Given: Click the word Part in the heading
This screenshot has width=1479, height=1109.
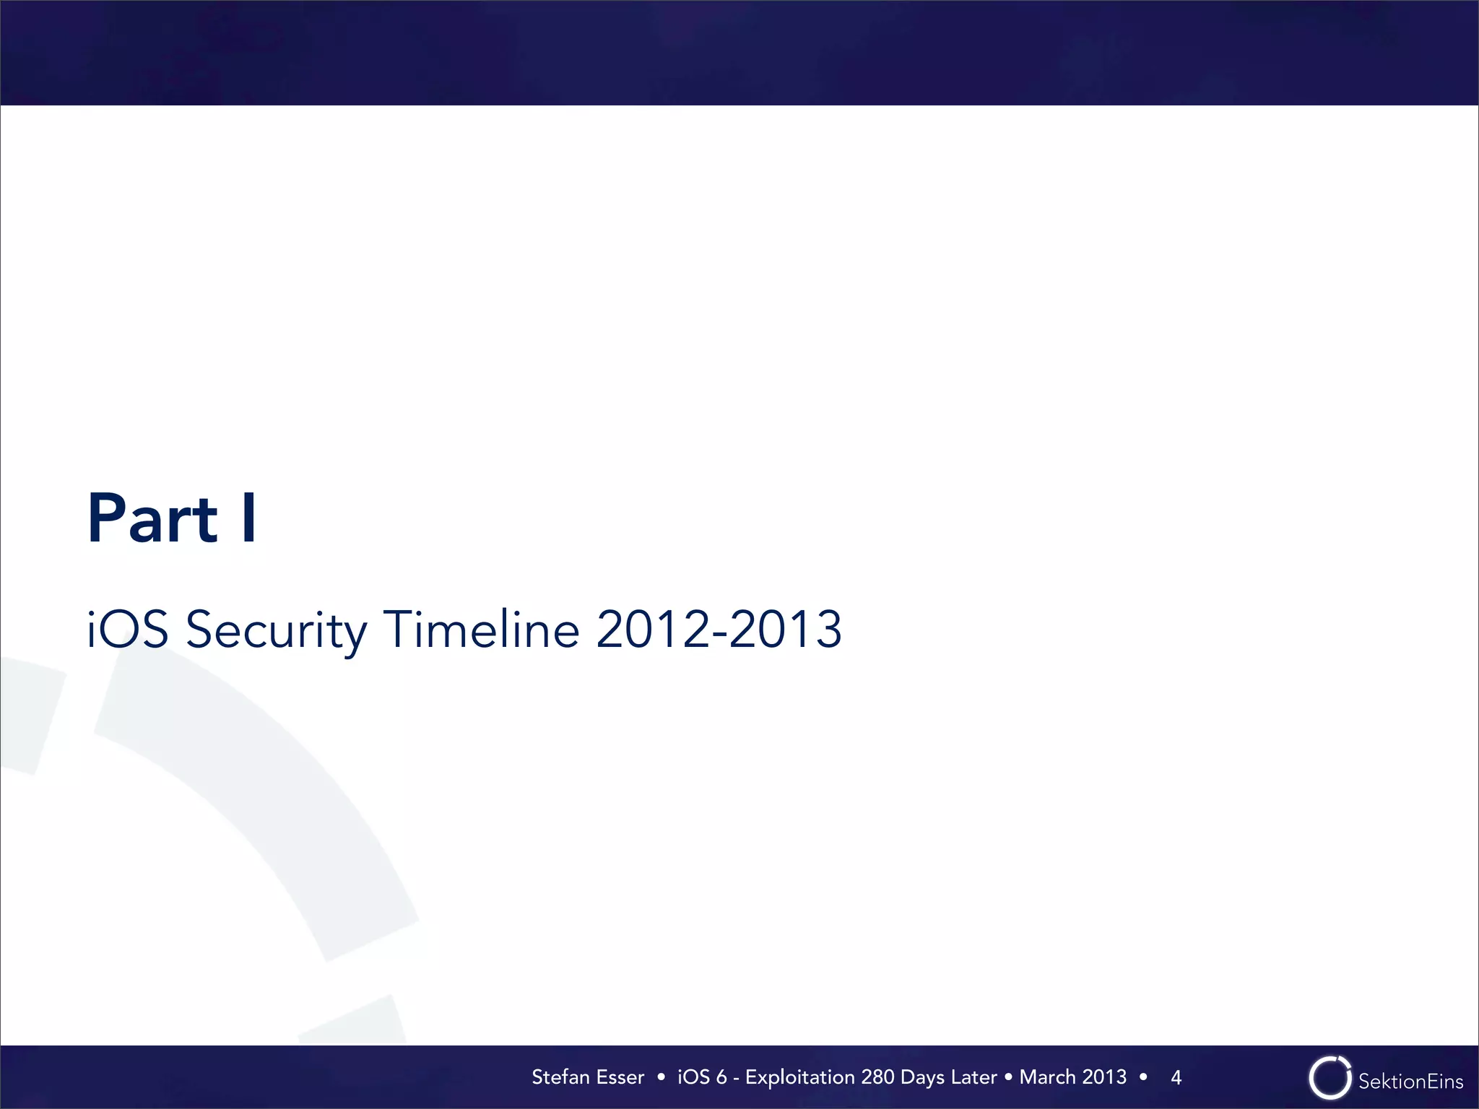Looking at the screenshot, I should click(x=152, y=518).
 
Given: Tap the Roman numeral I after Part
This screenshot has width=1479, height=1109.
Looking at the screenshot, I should click(x=249, y=518).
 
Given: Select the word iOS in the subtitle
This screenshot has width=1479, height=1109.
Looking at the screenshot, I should click(x=128, y=630).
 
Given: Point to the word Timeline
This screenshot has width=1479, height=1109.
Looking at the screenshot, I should click(x=481, y=629).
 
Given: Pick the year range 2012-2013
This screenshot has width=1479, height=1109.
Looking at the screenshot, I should click(x=719, y=629).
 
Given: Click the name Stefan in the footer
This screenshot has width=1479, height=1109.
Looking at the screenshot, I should click(x=560, y=1077).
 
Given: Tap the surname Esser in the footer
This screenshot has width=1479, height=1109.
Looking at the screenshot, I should click(x=620, y=1077).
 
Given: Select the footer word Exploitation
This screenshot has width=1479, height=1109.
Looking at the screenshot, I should click(x=800, y=1077).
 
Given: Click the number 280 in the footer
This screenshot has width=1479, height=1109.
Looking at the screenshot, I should click(x=877, y=1077).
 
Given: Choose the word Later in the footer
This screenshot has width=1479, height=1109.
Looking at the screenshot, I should click(x=974, y=1077).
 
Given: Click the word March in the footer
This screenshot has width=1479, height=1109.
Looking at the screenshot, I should click(x=1047, y=1077).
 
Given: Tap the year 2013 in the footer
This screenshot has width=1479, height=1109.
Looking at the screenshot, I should click(x=1104, y=1077).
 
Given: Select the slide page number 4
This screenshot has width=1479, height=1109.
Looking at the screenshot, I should click(x=1176, y=1078).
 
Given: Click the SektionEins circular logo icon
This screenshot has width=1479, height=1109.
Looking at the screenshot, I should click(x=1330, y=1079).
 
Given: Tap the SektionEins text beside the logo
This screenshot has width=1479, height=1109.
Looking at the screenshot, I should click(x=1410, y=1081).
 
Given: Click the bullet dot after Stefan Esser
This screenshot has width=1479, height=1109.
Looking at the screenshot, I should click(x=661, y=1077).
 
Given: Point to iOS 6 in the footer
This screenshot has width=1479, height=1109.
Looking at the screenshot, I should click(x=701, y=1077).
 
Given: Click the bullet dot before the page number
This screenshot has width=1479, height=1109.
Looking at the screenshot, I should click(x=1143, y=1077).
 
